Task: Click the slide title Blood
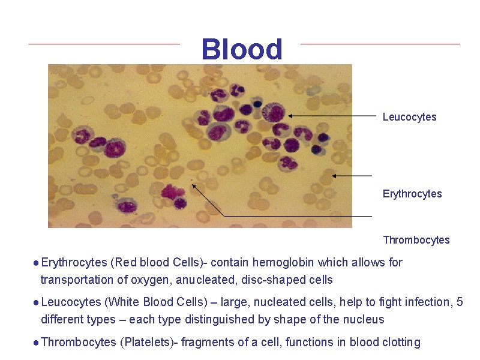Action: point(242,49)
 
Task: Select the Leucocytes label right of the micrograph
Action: point(409,117)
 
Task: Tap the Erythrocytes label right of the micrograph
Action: point(412,194)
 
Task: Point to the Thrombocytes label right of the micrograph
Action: point(416,240)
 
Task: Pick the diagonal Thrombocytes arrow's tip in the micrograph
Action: point(193,185)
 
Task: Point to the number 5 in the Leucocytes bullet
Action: point(460,302)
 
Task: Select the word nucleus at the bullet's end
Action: point(365,319)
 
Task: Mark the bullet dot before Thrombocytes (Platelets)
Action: point(37,343)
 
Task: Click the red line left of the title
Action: point(104,44)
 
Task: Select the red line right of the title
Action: point(380,44)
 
